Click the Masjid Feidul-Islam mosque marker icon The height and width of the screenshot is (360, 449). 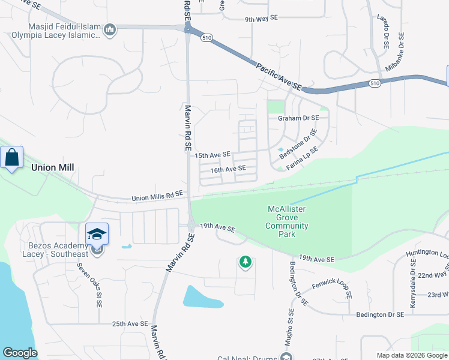tap(110, 29)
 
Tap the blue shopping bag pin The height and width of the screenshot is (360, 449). tap(11, 158)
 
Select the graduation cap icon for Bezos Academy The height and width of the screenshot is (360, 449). tap(97, 234)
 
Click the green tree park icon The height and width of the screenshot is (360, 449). tap(245, 262)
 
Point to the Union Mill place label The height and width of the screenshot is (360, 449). tap(52, 167)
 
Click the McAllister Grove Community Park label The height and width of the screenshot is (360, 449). tap(288, 221)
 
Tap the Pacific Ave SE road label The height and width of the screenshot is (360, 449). tap(277, 75)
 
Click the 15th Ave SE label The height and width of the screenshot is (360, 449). tap(212, 155)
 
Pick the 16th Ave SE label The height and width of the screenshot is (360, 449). tap(228, 169)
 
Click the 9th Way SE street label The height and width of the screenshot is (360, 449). tap(261, 19)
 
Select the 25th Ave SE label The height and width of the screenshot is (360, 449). tap(130, 324)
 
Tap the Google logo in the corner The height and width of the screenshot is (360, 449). tap(20, 353)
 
